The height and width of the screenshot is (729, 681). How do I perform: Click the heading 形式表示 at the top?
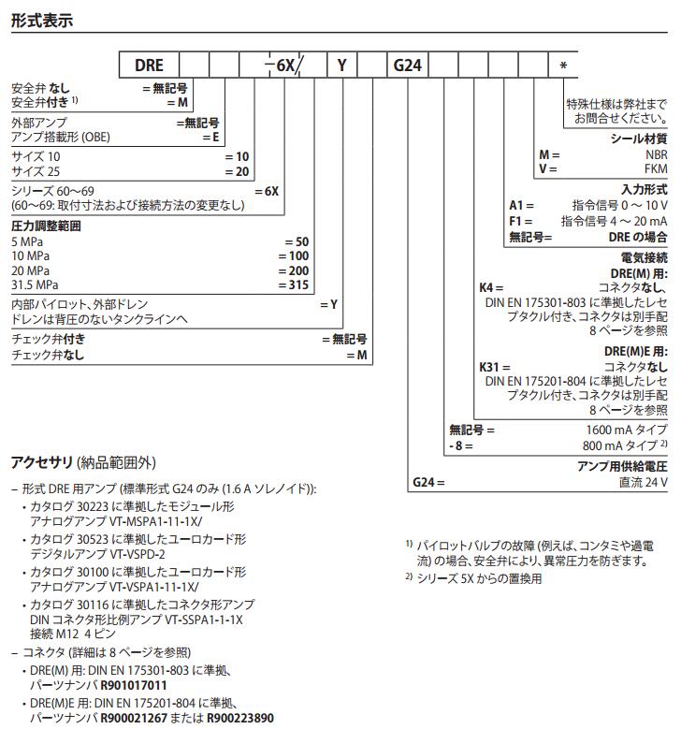41,20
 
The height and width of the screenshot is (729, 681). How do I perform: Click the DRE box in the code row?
149,66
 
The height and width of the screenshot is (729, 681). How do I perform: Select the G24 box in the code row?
408,66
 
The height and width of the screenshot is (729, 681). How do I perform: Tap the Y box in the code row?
342,66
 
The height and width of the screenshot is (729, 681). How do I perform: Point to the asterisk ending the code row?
563,66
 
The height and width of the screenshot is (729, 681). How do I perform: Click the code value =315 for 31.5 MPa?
295,285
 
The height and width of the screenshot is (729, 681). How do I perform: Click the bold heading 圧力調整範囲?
46,226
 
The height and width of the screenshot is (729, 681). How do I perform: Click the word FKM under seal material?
655,169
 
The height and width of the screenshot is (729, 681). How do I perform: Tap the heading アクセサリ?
42,462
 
